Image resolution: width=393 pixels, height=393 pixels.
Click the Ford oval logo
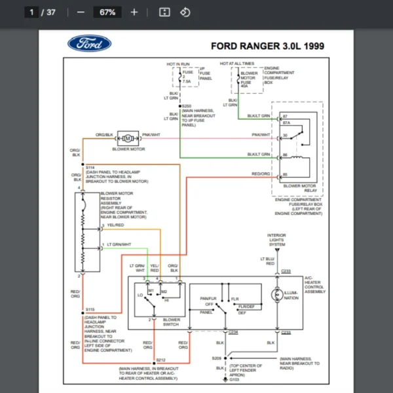pos(90,44)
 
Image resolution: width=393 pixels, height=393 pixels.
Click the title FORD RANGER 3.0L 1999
pos(267,47)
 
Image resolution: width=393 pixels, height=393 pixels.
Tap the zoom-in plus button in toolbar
pos(134,12)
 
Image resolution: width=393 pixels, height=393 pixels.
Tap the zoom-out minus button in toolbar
pos(81,12)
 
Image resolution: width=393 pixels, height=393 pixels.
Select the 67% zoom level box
pos(107,12)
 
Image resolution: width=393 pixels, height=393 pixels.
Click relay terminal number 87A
pos(286,122)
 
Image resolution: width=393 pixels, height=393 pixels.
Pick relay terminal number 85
pos(285,174)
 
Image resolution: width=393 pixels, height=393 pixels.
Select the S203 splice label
pos(186,105)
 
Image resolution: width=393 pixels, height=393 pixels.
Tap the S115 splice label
pos(90,309)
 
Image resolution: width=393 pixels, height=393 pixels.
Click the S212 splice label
pos(161,360)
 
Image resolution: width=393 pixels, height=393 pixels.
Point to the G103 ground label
pos(234,379)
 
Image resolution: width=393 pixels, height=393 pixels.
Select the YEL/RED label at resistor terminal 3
pos(115,225)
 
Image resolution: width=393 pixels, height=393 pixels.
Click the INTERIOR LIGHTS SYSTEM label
pos(276,240)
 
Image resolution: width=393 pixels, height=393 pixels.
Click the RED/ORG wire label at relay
pos(261,174)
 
